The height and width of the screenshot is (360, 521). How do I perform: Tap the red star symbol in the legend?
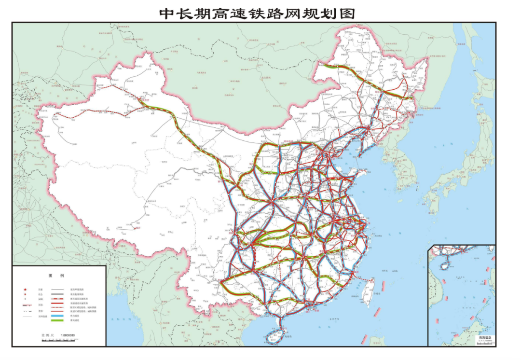pos(25,288)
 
